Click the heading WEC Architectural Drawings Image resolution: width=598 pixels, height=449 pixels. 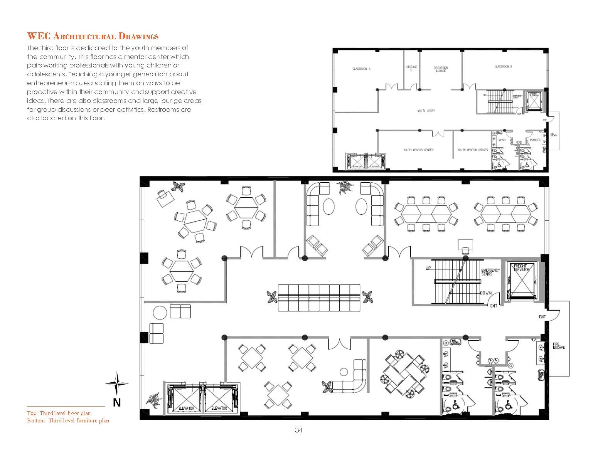click(93, 37)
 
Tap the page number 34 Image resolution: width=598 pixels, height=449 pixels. click(298, 431)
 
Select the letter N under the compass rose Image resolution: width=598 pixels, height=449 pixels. click(117, 403)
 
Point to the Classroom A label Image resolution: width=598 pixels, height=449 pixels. click(361, 69)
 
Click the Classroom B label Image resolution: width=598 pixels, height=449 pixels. click(503, 67)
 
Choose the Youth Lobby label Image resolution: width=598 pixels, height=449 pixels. click(426, 111)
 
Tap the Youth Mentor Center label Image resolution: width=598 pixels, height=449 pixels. click(418, 150)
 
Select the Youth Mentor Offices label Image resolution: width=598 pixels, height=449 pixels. click(472, 150)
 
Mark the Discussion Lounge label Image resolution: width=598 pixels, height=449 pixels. click(441, 69)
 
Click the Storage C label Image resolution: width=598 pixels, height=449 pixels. click(411, 69)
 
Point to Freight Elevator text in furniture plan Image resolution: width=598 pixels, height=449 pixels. click(522, 268)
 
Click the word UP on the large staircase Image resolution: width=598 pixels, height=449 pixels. click(428, 268)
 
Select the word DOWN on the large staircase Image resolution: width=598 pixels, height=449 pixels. click(485, 293)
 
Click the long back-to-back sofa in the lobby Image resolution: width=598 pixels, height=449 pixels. click(319, 298)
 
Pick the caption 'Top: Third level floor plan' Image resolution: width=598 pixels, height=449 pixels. click(59, 413)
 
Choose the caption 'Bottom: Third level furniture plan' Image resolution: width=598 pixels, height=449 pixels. click(68, 420)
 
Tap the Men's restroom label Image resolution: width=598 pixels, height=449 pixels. click(502, 140)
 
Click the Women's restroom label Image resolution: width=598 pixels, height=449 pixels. click(534, 140)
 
